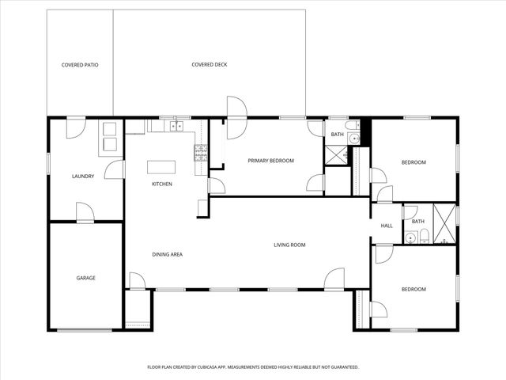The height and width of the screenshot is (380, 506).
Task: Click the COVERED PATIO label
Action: tap(80, 65)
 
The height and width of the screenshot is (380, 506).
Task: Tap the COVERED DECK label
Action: tap(210, 65)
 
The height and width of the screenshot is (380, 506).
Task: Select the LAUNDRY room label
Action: tap(83, 177)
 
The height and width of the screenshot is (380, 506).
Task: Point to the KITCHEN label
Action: tap(162, 184)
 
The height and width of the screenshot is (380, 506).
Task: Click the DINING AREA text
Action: tap(168, 254)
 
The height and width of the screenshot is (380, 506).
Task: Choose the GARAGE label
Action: tap(85, 278)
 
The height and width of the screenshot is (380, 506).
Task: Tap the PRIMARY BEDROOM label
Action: tap(270, 161)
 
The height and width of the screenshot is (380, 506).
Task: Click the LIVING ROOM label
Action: tap(289, 245)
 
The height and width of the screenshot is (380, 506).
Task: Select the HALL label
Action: tap(387, 226)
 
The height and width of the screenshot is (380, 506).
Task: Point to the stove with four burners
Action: tap(201, 154)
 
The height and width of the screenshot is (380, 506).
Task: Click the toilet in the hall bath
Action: tap(425, 234)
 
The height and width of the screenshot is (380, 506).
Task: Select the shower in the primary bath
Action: tap(336, 156)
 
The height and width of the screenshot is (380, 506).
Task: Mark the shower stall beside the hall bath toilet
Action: tap(444, 224)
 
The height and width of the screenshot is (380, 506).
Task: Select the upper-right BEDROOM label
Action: tap(413, 162)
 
